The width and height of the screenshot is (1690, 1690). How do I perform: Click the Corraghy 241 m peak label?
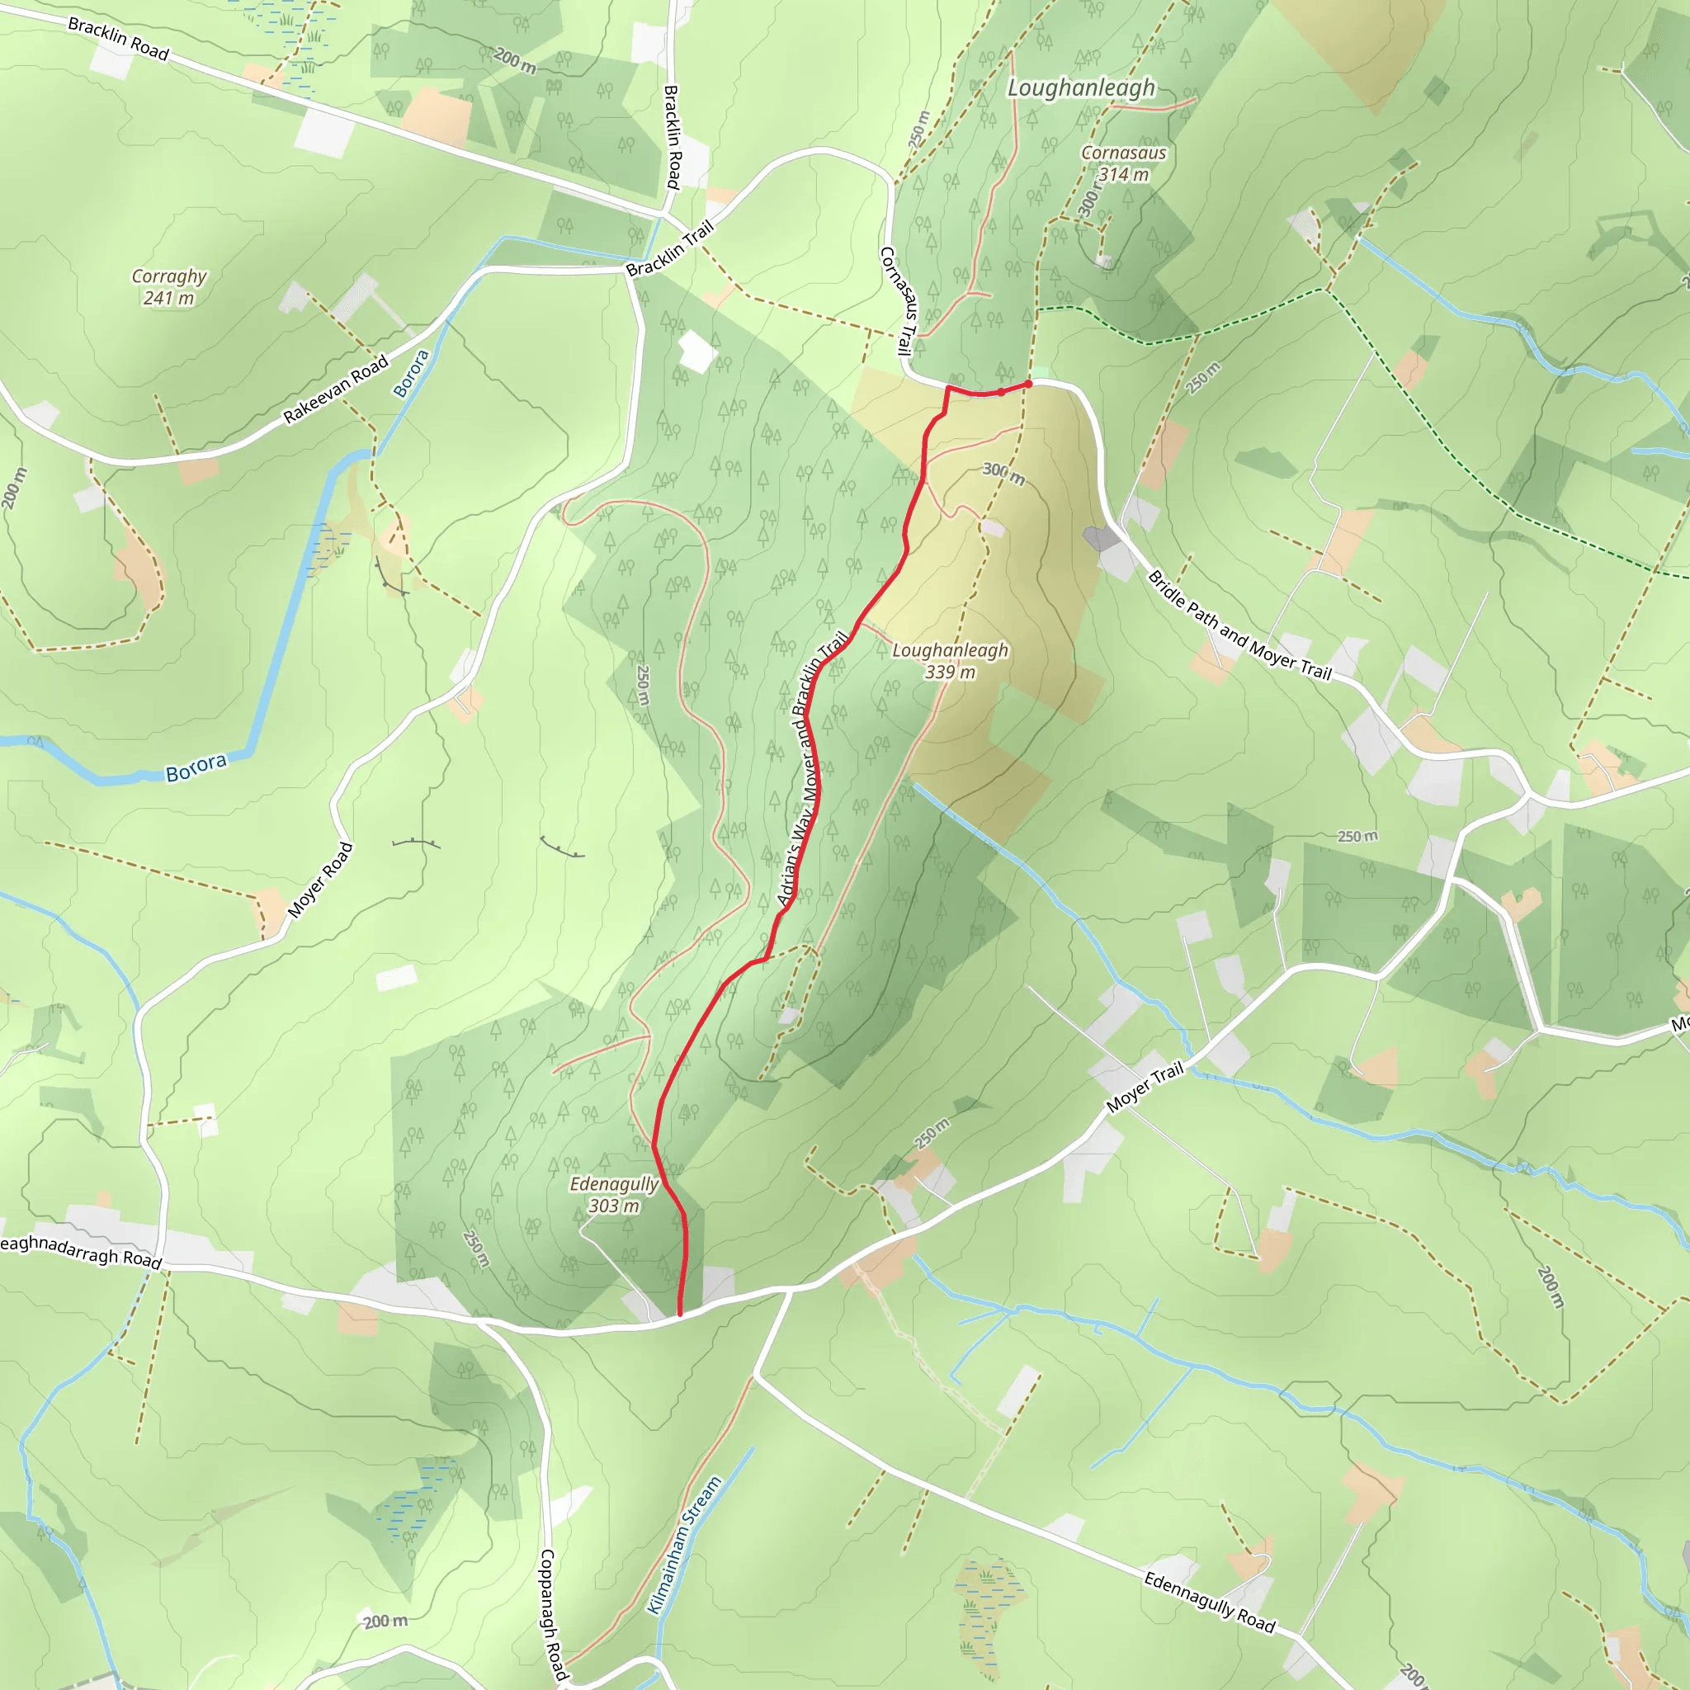(x=169, y=287)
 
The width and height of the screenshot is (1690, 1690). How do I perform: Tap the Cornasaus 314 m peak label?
(x=1123, y=163)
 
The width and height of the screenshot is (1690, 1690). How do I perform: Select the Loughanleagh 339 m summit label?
(x=950, y=660)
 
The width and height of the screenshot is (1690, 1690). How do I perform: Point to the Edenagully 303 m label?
(x=614, y=1194)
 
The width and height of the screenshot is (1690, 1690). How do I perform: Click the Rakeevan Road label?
(x=336, y=390)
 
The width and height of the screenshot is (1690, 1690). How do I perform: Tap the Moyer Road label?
(x=320, y=880)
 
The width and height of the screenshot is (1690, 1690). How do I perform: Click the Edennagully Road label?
(x=1210, y=1602)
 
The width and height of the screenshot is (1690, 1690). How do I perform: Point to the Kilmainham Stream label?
(x=684, y=1546)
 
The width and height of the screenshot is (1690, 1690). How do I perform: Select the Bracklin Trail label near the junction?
(x=670, y=248)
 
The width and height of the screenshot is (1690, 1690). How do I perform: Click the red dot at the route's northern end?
(x=1029, y=384)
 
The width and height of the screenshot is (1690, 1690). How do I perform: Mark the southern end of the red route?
(x=680, y=1314)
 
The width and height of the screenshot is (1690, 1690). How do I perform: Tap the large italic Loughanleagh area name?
(x=1081, y=87)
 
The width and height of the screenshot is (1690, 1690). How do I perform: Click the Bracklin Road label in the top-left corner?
(x=118, y=39)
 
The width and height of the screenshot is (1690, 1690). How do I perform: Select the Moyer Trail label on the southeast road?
(x=1145, y=1087)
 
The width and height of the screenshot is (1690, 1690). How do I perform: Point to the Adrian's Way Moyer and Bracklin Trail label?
(x=812, y=769)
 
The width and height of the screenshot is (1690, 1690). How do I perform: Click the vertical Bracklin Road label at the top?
(x=672, y=136)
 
